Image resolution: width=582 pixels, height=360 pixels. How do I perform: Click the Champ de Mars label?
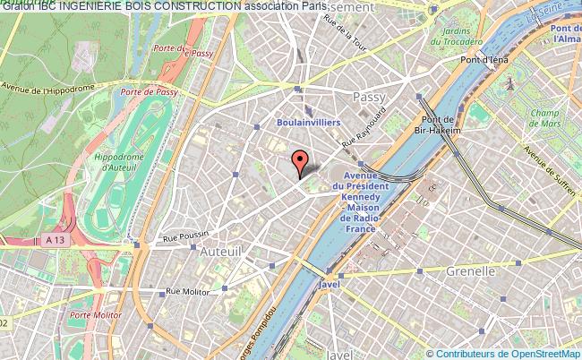[543, 118]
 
